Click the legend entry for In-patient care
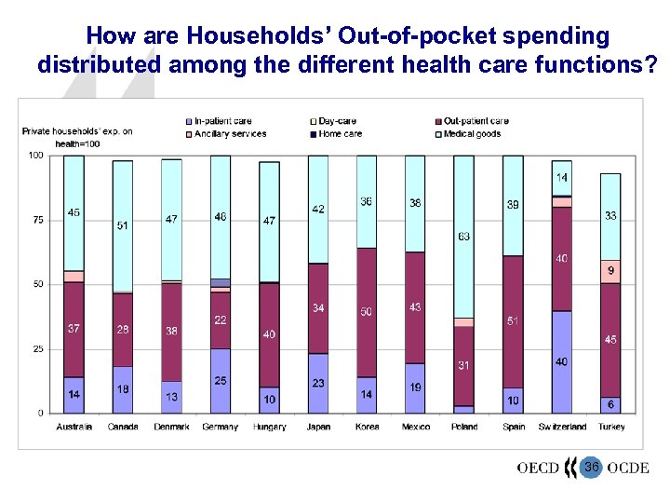(222, 121)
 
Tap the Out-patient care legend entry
(476, 121)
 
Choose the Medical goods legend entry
(472, 133)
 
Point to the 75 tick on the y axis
(36, 220)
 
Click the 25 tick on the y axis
(36, 348)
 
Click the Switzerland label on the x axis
(562, 427)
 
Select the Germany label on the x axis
(220, 427)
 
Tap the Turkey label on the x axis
(610, 427)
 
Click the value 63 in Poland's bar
(463, 237)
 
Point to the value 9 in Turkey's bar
(610, 271)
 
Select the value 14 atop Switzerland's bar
(562, 177)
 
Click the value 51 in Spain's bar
(513, 321)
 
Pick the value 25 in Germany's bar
(220, 380)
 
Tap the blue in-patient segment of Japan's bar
(318, 383)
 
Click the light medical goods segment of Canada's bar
(122, 226)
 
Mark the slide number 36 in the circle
(592, 466)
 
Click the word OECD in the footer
(538, 468)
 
